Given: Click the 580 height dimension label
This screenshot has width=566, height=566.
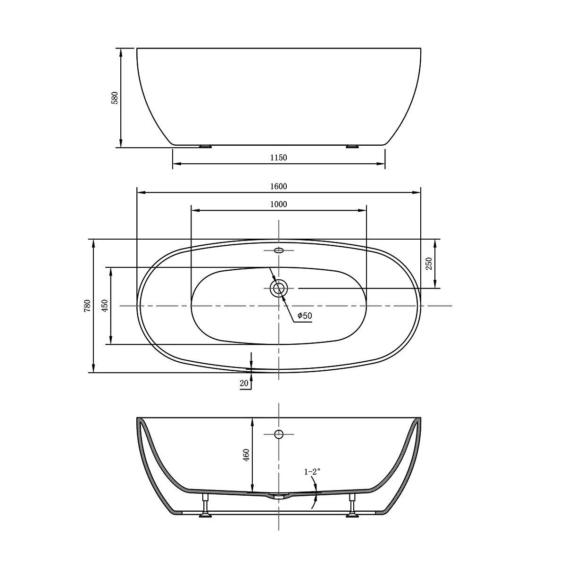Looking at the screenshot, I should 115,98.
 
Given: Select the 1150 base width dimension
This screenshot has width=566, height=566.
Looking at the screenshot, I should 279,158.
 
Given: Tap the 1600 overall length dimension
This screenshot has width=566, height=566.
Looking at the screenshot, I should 279,186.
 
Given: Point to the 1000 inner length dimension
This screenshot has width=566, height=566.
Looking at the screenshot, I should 279,204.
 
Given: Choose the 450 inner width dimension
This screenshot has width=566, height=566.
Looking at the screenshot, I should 105,306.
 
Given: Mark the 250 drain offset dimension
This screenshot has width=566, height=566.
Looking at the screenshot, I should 429,264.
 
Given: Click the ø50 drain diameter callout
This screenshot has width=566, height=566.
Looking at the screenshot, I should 305,316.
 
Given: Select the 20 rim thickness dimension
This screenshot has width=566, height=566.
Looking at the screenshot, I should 244,383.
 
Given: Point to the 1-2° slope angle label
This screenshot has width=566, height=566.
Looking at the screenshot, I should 312,471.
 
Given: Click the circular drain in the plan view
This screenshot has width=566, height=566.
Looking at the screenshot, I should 279,288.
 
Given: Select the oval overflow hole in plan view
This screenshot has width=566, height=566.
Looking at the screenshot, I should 279,250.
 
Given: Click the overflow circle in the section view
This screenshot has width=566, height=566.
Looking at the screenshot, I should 279,434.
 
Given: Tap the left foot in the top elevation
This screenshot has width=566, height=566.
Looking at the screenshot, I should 205,146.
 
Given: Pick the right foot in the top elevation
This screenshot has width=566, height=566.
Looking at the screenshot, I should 352,146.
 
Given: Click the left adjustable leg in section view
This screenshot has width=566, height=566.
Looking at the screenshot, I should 205,506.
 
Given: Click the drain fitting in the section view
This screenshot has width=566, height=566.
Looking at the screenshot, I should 279,496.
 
